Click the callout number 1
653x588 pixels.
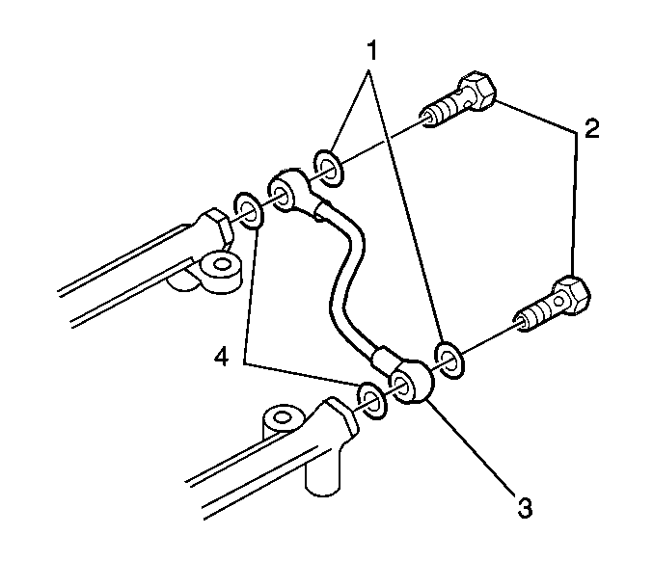[372, 51]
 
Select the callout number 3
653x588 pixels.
[525, 507]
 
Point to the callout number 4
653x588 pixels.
[221, 357]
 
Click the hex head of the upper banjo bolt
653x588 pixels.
[478, 92]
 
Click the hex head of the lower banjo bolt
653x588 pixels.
[571, 296]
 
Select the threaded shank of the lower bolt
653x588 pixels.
[536, 313]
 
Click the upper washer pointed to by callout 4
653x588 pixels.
[248, 210]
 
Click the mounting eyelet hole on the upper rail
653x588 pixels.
[223, 264]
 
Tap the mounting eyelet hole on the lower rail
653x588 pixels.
[282, 416]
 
